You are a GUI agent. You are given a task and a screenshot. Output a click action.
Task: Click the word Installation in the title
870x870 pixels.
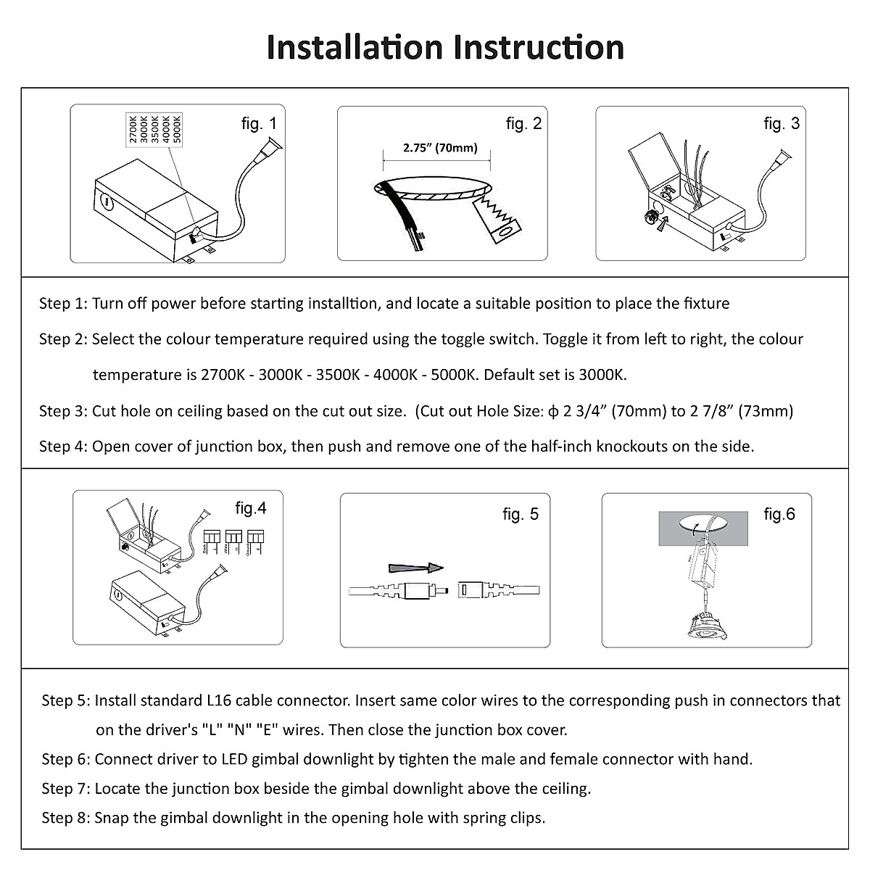click(355, 47)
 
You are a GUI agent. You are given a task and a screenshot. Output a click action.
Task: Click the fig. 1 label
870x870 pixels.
click(259, 124)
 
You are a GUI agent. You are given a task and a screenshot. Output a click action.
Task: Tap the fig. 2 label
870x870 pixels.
click(523, 124)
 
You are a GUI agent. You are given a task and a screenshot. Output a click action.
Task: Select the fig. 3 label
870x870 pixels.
click(782, 124)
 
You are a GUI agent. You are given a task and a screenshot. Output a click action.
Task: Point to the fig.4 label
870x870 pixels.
click(251, 509)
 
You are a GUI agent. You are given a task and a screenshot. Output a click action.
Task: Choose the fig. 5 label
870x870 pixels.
click(521, 515)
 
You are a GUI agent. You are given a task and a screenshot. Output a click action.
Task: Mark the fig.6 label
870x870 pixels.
click(779, 515)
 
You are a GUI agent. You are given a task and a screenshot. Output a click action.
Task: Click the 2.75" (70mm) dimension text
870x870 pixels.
click(440, 149)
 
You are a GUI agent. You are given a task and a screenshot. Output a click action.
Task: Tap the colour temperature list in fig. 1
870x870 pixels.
click(155, 129)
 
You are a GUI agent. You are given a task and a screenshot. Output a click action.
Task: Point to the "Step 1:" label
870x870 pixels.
click(62, 304)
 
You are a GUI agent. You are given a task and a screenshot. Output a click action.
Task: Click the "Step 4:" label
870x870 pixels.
click(62, 447)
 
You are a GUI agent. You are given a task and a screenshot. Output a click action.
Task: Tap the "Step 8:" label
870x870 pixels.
click(65, 819)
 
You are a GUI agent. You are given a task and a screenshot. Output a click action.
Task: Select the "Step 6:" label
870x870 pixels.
click(65, 760)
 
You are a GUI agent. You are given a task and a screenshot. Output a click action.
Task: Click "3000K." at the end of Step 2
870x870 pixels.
click(602, 376)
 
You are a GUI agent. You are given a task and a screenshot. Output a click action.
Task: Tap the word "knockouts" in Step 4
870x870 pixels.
click(632, 447)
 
